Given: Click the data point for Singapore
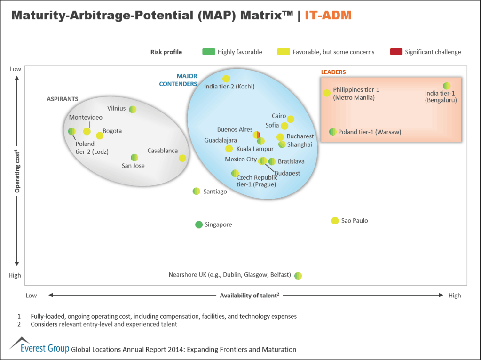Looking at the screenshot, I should coord(199,224).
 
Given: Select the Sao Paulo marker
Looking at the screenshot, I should coord(335,221).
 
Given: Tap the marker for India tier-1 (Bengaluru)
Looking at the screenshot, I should coord(447,86).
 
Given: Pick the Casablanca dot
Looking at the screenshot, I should coord(182,158).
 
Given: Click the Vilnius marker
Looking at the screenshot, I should coord(133,109).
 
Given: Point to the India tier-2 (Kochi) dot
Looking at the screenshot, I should coord(226,79).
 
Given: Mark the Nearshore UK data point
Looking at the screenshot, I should coord(298,275).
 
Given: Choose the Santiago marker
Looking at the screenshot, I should coord(197,191).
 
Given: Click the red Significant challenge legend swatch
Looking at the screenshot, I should coord(396,52).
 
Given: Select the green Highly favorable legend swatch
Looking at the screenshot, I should coord(208,52).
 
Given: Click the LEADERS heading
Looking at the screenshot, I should coord(333,72).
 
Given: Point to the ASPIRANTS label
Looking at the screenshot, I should coord(62,99).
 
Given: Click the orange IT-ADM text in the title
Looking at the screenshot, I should coord(328,15).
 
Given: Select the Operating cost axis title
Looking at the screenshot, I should coord(17,171).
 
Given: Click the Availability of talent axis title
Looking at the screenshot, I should coord(249,296).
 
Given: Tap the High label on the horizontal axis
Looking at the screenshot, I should coord(455,296).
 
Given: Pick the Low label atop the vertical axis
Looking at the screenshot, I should coord(16,69).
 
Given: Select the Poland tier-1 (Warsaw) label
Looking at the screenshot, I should coord(370,132).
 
